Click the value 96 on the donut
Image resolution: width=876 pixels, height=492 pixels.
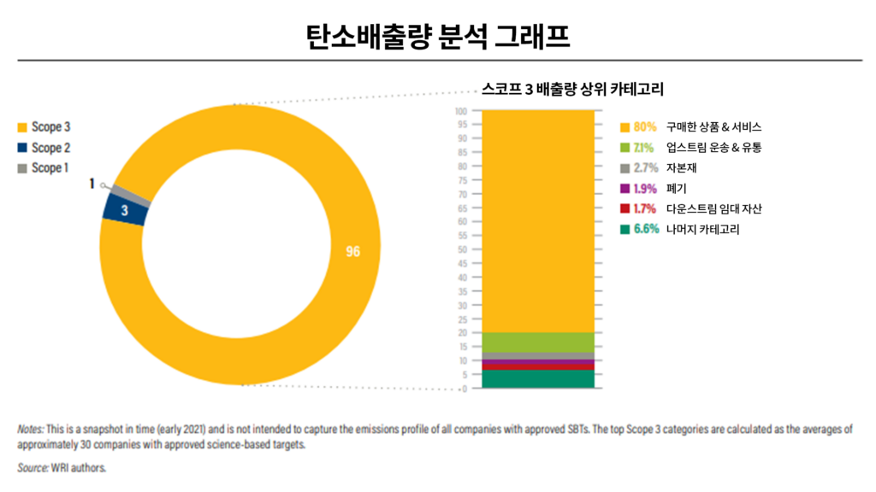352,252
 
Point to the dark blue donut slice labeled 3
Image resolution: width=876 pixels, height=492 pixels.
125,210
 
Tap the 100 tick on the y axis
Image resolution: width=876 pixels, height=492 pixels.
461,111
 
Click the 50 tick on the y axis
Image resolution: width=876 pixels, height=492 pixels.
463,250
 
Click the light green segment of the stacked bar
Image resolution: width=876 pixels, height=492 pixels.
538,342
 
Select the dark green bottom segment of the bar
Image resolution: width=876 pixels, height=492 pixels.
538,379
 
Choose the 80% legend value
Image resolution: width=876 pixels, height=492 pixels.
645,127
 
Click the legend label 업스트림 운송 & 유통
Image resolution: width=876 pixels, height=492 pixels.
713,148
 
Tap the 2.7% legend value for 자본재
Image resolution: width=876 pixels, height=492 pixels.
645,168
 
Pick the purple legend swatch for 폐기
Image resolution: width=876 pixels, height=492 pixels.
624,189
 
